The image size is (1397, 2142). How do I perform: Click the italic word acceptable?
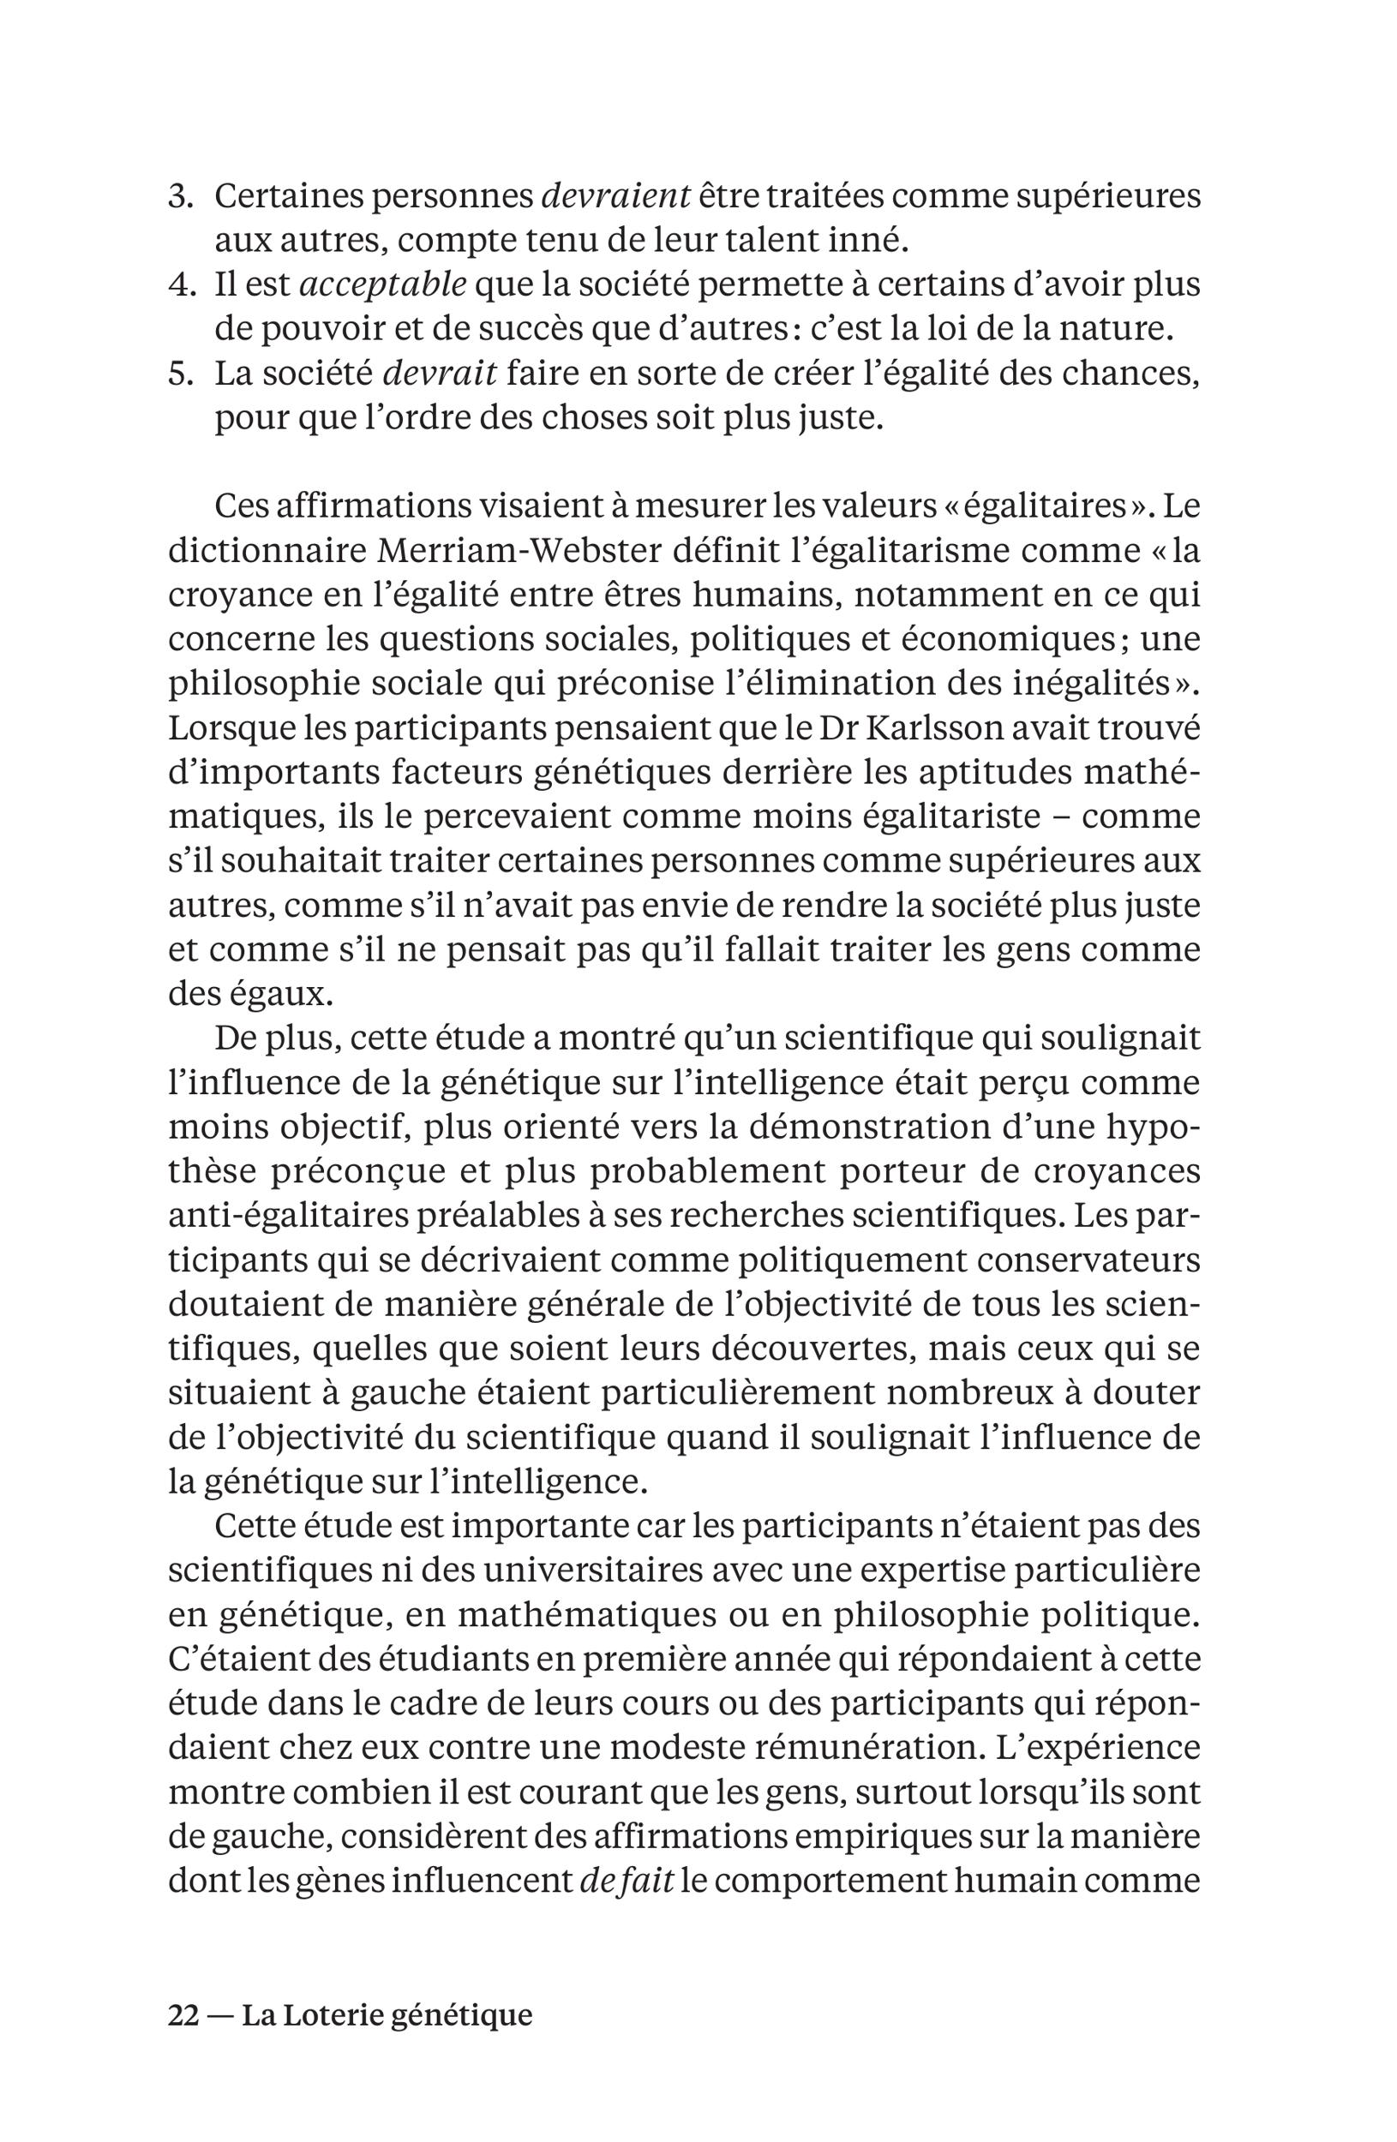pos(381,286)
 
